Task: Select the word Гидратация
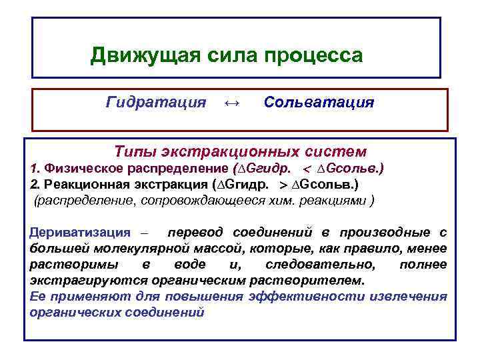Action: (x=156, y=103)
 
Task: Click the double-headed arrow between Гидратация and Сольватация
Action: (x=231, y=103)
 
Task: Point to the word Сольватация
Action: (x=319, y=103)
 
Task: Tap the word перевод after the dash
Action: (x=197, y=233)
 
